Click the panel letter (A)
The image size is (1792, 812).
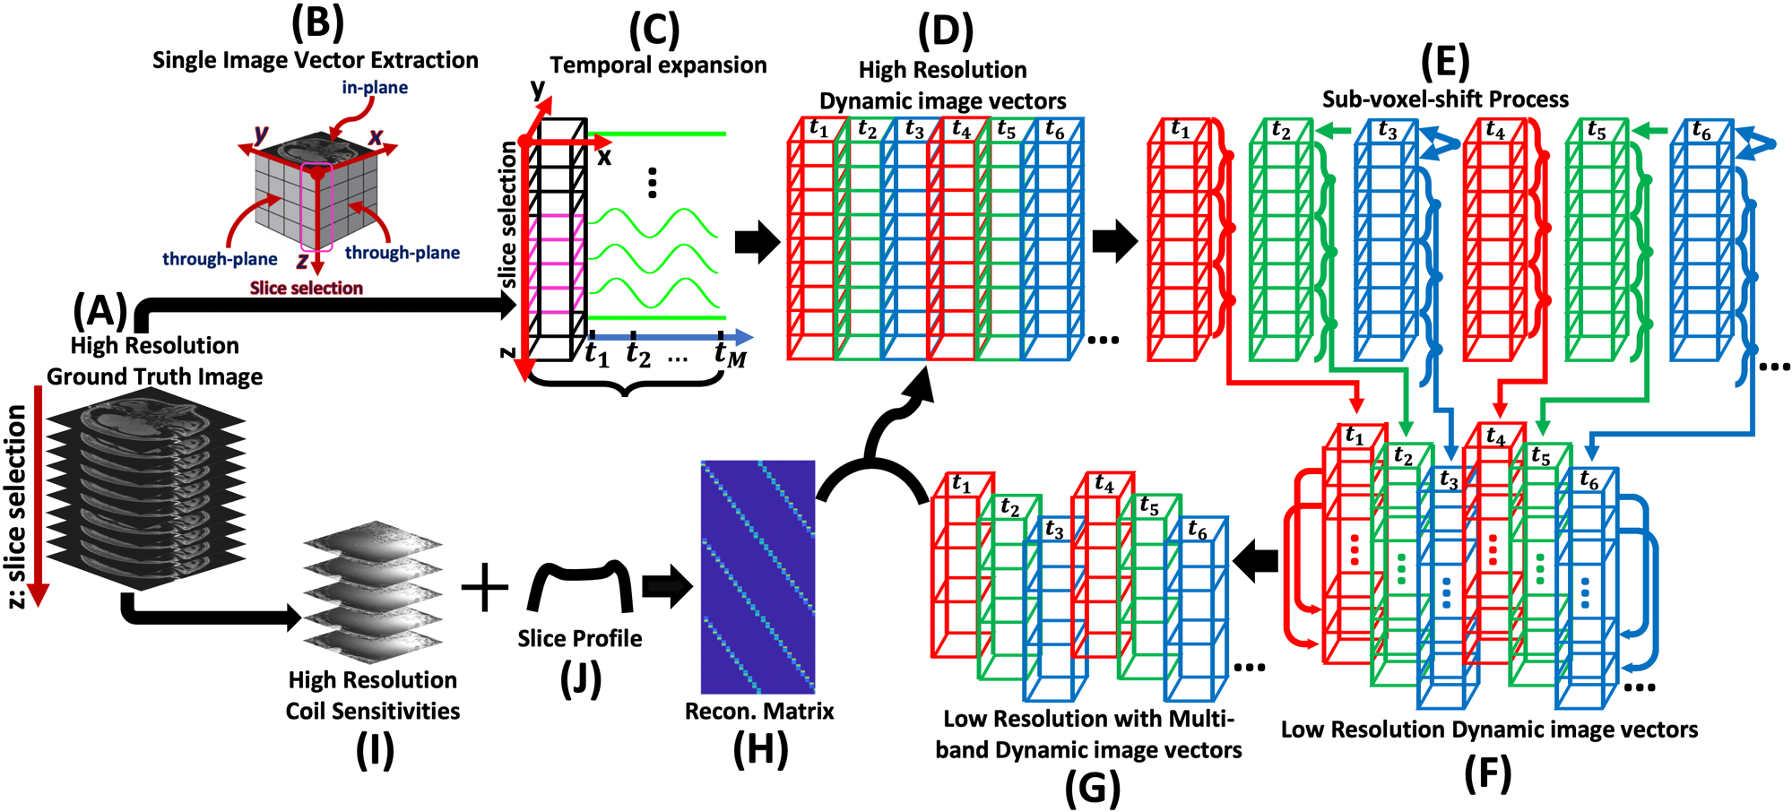[100, 310]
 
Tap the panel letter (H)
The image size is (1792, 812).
[760, 749]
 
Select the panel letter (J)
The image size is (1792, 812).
[580, 679]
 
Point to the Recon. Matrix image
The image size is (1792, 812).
[757, 576]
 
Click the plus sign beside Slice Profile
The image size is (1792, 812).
[484, 588]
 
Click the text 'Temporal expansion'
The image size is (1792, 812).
[658, 65]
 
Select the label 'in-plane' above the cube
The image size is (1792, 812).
[375, 87]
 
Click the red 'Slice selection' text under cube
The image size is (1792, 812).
[306, 288]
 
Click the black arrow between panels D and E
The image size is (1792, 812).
[1114, 241]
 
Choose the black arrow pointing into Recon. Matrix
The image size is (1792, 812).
[668, 588]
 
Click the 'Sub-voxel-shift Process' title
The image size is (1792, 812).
[1445, 99]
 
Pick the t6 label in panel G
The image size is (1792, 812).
[1197, 530]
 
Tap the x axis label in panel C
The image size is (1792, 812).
[604, 157]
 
